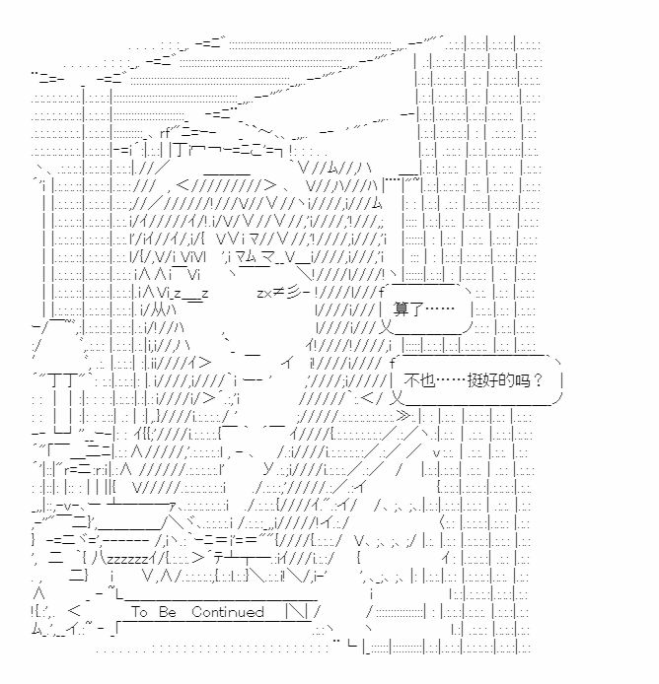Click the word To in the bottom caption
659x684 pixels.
(139, 612)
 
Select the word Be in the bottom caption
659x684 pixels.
(167, 612)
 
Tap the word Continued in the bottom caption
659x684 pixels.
(228, 612)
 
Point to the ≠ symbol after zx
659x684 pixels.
(276, 293)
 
